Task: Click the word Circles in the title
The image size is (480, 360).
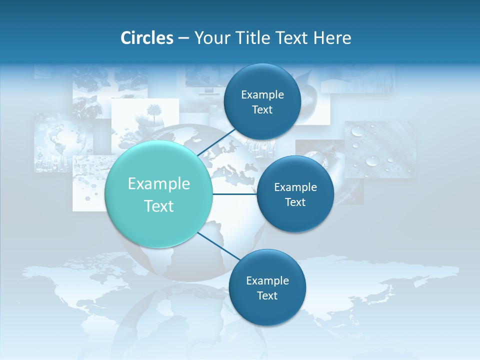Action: pos(146,38)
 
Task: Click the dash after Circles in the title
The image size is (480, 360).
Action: pos(183,38)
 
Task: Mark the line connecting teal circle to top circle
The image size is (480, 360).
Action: pos(217,142)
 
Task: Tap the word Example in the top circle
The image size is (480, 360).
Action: pos(262,95)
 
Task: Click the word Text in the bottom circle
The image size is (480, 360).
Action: pos(267,295)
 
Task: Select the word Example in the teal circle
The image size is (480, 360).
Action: pos(159,184)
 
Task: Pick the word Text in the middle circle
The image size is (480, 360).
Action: pos(295,202)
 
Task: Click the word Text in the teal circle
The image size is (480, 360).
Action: pos(159,206)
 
